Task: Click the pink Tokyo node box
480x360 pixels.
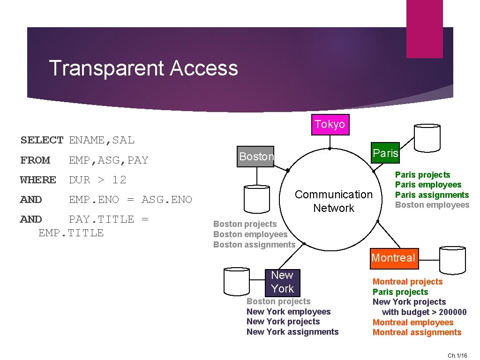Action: click(x=330, y=124)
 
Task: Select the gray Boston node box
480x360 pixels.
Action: click(x=256, y=157)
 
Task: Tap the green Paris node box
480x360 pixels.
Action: click(x=385, y=153)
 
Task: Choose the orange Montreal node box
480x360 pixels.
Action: click(x=393, y=258)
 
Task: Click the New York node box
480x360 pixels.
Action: click(x=282, y=282)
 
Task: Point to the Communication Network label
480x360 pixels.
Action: click(x=333, y=201)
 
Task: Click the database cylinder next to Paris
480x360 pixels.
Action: click(x=427, y=137)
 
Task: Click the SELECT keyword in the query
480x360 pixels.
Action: click(x=42, y=140)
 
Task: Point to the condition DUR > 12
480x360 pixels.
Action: click(x=97, y=180)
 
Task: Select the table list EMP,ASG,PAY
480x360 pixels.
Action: click(x=108, y=160)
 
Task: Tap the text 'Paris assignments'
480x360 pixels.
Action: click(x=432, y=195)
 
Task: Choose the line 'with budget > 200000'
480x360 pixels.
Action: click(x=424, y=312)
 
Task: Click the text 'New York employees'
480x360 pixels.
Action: click(x=288, y=312)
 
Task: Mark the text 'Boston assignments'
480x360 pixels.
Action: click(x=254, y=245)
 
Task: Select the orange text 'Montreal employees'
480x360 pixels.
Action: click(x=412, y=322)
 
